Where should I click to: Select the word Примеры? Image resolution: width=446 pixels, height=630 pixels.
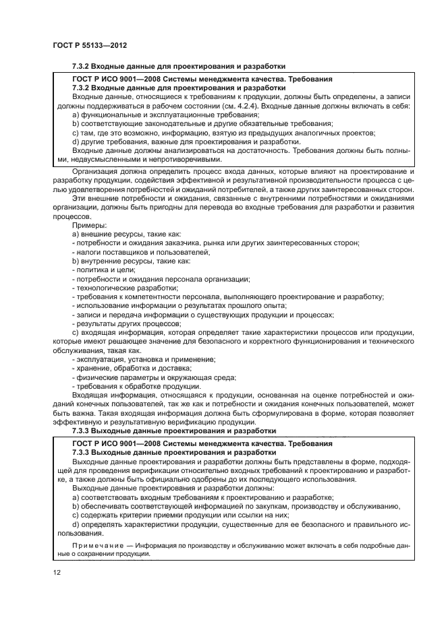pos(87,227)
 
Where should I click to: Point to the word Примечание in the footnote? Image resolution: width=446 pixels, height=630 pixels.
pos(94,544)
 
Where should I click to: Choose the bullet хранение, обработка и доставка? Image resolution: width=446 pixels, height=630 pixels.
pos(121,369)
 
